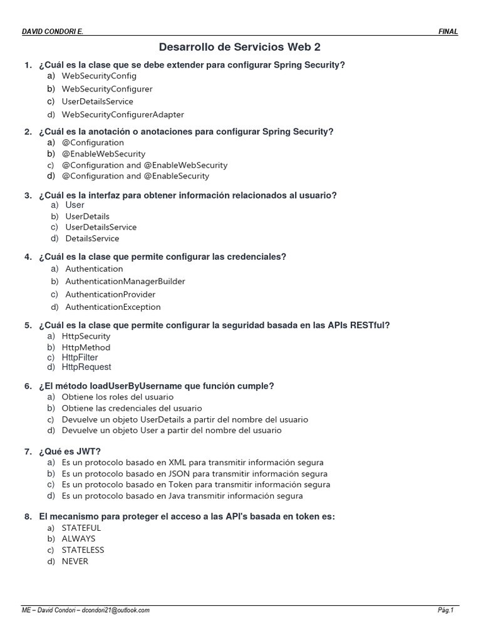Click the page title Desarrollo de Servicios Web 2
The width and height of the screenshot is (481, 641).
pos(240,47)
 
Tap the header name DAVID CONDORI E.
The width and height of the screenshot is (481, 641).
pos(53,31)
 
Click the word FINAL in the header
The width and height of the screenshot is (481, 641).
pos(448,31)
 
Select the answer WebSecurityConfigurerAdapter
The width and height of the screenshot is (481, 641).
pos(123,115)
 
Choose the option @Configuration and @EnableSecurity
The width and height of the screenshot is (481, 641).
pos(135,177)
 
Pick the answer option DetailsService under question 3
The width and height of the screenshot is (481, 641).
pos(92,238)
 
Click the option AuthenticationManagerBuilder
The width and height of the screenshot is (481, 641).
pos(125,282)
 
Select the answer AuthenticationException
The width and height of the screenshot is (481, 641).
pos(113,307)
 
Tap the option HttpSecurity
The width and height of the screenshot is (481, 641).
pos(86,336)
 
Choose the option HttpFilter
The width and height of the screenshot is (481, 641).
pos(80,357)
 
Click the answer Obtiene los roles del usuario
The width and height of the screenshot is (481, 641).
pos(118,397)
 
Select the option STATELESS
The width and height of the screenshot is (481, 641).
pos(83,550)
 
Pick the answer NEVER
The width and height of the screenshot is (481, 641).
pos(75,562)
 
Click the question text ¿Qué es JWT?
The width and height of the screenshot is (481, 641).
pos(70,451)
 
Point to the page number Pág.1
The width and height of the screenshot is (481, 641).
pos(445,610)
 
